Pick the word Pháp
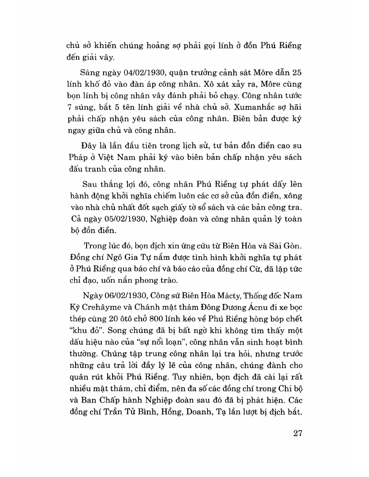76,160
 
